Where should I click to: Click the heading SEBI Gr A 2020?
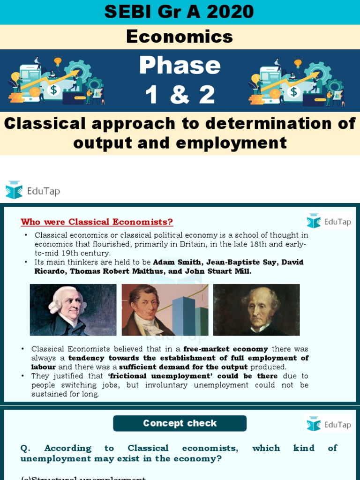coord(180,12)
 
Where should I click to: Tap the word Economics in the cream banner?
coord(180,37)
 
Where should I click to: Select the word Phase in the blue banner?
coord(180,66)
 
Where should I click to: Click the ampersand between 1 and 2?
coord(180,95)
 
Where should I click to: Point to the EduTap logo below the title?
coord(33,190)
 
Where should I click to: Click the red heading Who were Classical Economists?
coord(97,222)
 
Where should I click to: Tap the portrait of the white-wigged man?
coord(73,309)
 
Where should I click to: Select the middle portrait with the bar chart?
coord(165,309)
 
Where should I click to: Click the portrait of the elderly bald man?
coord(256,309)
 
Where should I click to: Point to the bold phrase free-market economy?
coord(225,349)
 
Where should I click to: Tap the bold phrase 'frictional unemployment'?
coord(160,376)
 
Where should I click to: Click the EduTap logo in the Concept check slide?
coord(328,424)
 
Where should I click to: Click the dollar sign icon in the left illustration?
coord(53,90)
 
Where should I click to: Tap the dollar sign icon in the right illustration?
coord(294,90)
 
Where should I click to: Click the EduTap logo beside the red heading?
coord(328,221)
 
